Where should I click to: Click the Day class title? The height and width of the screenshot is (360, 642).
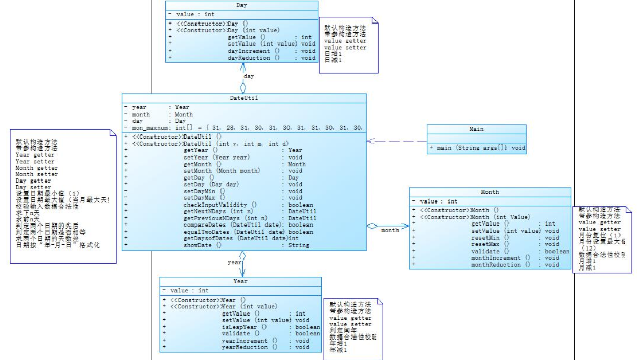242,5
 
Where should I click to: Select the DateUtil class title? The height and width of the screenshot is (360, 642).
244,98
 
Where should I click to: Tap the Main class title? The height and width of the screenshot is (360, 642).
476,129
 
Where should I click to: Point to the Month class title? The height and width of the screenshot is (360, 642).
490,192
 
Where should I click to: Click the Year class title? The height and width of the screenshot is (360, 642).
240,281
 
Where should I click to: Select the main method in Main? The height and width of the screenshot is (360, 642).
473,148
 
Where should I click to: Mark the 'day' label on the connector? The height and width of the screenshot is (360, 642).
249,76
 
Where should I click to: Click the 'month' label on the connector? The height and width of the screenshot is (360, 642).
390,230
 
